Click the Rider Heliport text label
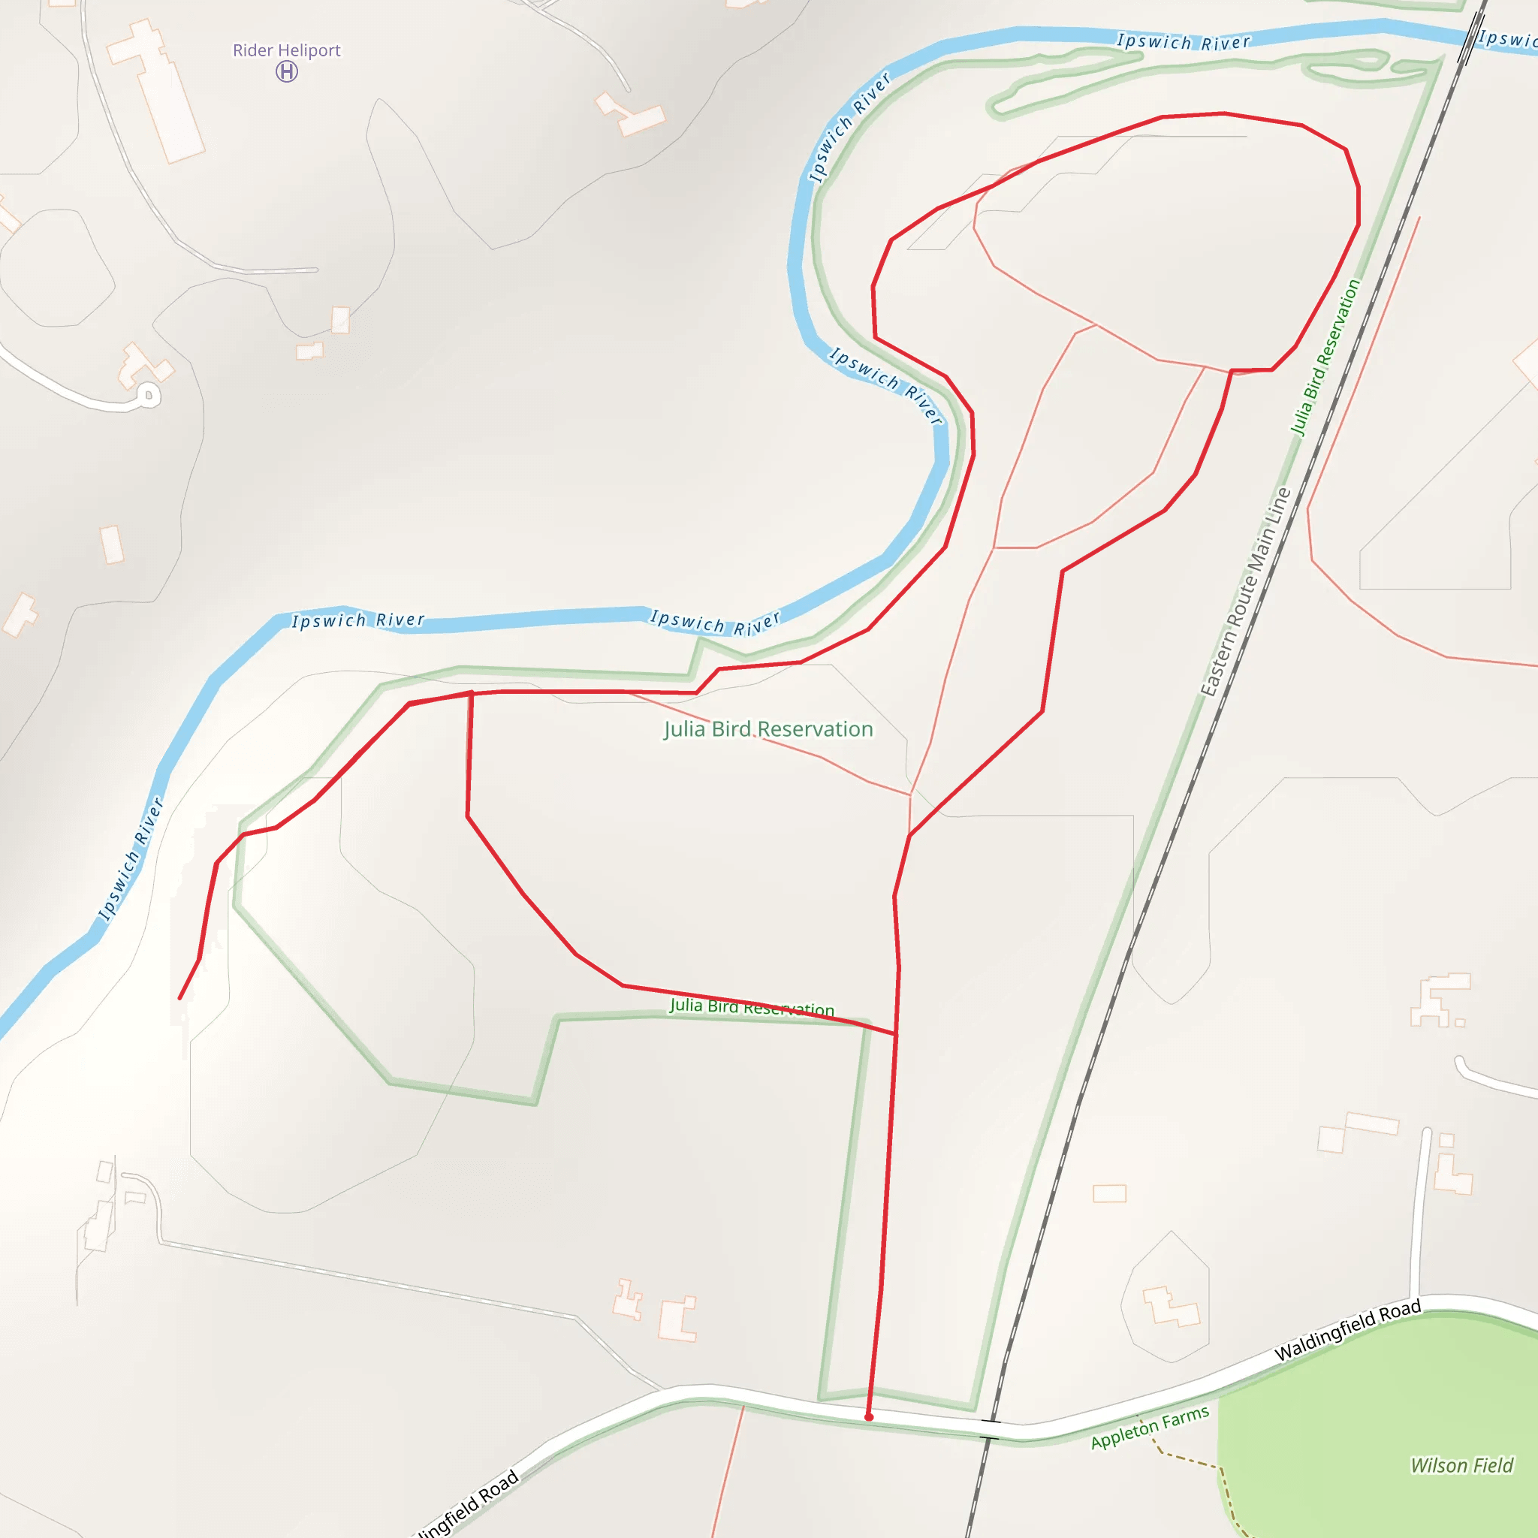point(287,50)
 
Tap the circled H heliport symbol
point(287,71)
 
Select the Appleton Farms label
point(1150,1428)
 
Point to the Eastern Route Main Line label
point(1246,593)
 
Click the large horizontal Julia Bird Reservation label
point(768,729)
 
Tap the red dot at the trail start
point(869,1417)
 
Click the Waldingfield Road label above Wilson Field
point(1347,1331)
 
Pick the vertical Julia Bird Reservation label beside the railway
point(1325,357)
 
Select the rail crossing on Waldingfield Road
point(991,1429)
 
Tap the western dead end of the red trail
point(180,997)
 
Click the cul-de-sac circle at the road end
point(148,395)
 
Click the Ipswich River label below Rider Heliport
point(357,620)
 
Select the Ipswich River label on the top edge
point(1183,41)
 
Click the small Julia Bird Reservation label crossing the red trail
point(752,1007)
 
